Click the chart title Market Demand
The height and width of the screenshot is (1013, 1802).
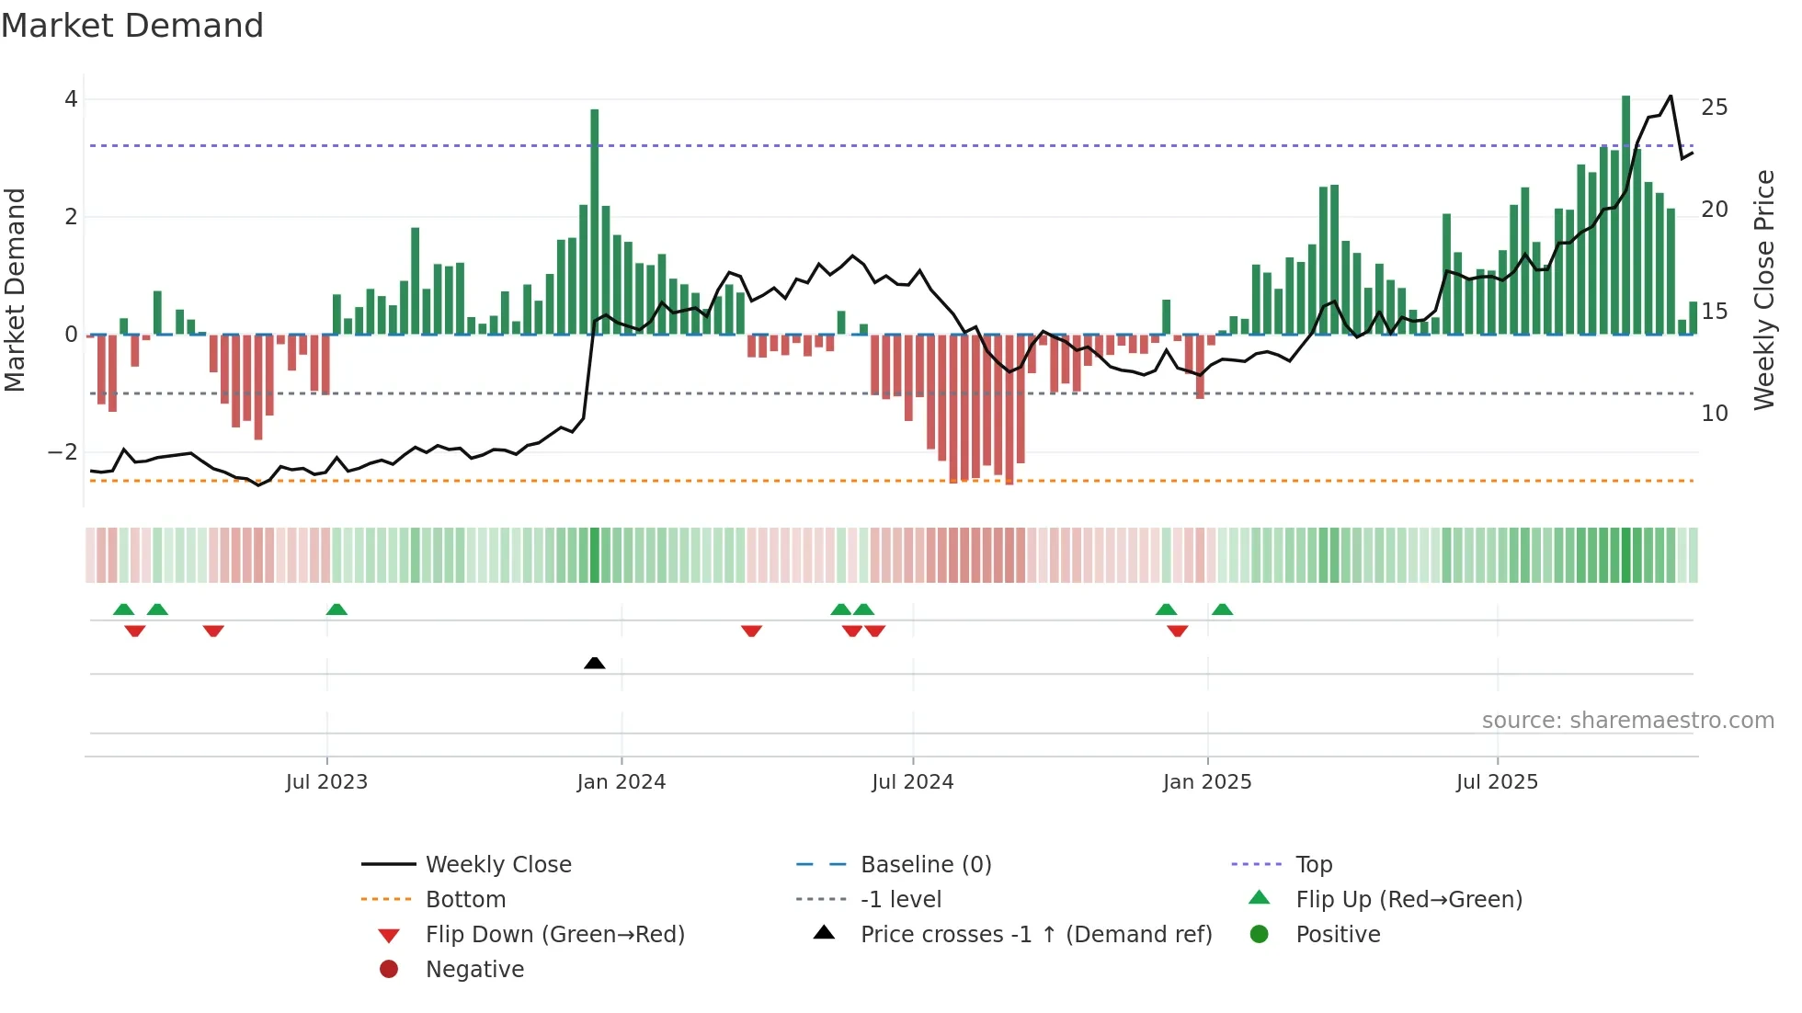pos(132,26)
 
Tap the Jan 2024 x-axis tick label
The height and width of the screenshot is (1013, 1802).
pos(621,782)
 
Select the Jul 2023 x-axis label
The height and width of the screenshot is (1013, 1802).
pos(326,782)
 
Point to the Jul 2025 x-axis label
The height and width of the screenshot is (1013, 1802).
pos(1497,782)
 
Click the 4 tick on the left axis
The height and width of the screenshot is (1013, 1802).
pos(71,99)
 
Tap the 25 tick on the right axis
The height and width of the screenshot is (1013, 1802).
pos(1714,108)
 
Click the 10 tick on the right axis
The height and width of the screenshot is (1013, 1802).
pos(1714,414)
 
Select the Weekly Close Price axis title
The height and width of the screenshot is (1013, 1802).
pos(1763,290)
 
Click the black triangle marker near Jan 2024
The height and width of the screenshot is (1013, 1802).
pos(595,663)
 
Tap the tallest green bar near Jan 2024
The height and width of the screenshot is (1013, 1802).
pos(595,221)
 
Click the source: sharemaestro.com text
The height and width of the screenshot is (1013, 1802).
pos(1627,721)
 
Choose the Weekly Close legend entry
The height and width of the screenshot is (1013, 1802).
pos(497,865)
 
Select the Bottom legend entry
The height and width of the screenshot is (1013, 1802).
pos(465,900)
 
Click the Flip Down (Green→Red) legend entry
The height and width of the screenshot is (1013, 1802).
pos(554,935)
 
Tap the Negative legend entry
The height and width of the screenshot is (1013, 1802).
pos(474,970)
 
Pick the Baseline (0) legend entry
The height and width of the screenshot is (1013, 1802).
pos(925,865)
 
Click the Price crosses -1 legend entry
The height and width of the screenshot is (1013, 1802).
pos(1035,935)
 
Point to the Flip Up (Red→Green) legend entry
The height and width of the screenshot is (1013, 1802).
pos(1409,900)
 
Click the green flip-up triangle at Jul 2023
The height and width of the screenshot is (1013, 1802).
pos(336,609)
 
